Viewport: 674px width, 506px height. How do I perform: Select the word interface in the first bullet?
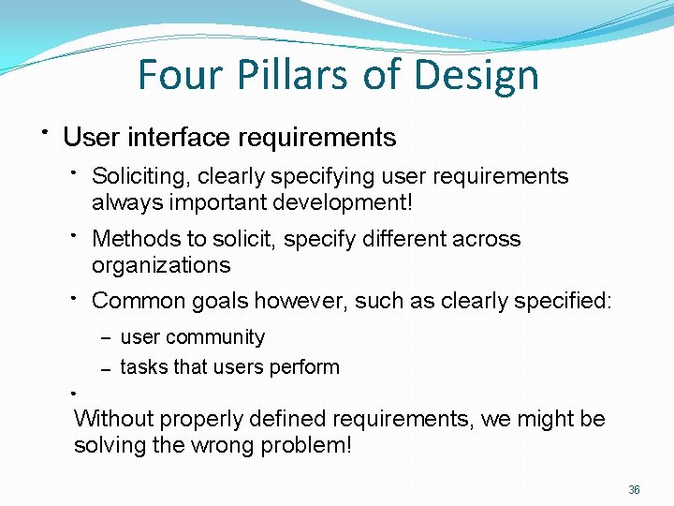178,138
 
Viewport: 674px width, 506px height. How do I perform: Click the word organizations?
161,265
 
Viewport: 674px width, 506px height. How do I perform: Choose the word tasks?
140,367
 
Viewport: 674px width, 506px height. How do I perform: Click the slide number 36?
634,490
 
